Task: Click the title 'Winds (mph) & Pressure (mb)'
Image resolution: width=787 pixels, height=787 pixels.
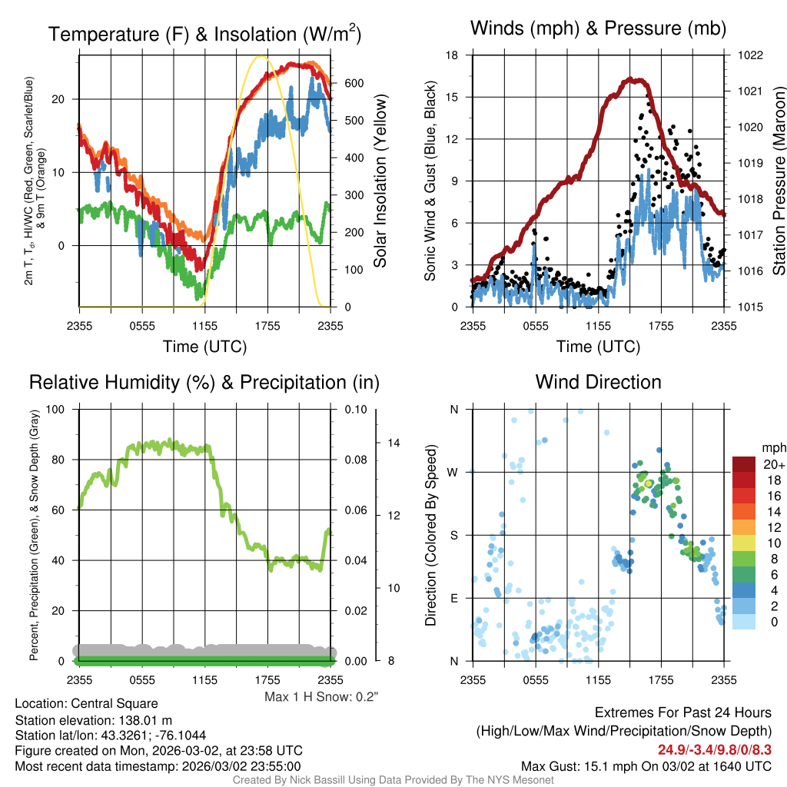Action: [x=598, y=29]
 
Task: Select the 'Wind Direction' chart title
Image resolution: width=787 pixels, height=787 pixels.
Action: [x=598, y=382]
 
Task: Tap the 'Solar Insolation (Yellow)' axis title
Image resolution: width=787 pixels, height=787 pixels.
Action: [x=380, y=181]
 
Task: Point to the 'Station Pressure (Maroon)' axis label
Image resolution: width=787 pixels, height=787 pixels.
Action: [x=778, y=181]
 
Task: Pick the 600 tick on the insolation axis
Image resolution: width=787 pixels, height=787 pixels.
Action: [x=352, y=84]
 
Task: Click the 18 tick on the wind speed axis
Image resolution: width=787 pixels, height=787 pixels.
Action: [x=453, y=55]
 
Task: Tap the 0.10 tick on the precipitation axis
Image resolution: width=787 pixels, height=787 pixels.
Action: [x=355, y=409]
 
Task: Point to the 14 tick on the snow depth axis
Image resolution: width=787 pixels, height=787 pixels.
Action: [x=394, y=443]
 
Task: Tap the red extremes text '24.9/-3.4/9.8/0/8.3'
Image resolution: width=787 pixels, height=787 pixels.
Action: [x=714, y=749]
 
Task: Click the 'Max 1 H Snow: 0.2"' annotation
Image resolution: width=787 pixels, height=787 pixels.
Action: [x=321, y=697]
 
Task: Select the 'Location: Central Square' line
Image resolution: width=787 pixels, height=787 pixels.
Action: [x=86, y=704]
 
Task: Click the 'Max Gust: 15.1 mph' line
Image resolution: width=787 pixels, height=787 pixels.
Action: [x=646, y=766]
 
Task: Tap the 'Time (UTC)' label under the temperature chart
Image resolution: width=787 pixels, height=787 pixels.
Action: [x=204, y=347]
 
